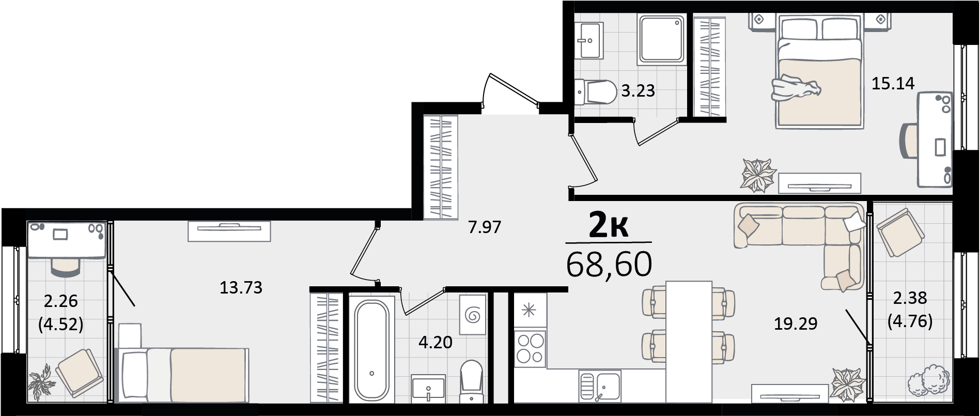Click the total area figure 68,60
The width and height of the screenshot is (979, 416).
coord(609,264)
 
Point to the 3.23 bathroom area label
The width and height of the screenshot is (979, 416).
coord(638,91)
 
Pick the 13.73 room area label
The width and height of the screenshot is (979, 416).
coord(241,287)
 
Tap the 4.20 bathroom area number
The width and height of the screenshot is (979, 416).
coord(435,342)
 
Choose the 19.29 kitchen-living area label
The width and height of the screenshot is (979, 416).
coord(796,324)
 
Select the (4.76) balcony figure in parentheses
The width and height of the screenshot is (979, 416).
coord(910,322)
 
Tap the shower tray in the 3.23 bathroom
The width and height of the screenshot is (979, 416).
coord(662,39)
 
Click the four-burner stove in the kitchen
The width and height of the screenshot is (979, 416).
coord(531,349)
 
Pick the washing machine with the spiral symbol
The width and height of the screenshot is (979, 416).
coord(473,315)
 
